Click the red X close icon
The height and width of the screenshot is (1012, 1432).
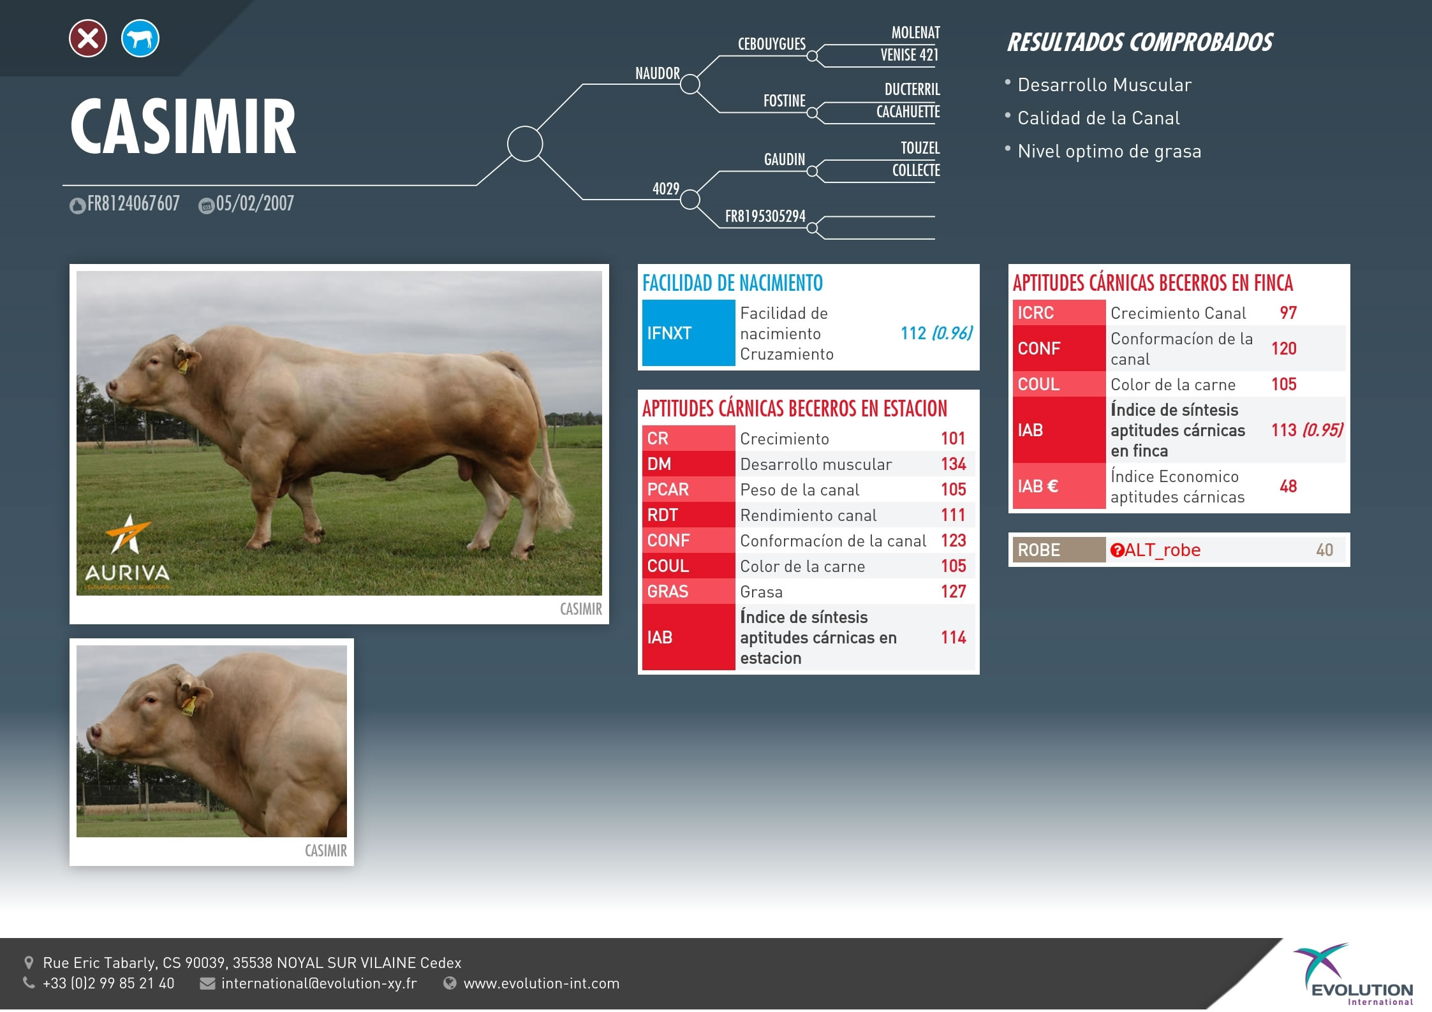(88, 38)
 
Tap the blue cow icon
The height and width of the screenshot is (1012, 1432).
(140, 38)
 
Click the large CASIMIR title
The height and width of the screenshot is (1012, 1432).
(183, 126)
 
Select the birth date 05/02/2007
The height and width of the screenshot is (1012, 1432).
(255, 203)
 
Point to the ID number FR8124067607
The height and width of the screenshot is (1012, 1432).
(133, 203)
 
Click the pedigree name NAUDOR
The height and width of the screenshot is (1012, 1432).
(658, 73)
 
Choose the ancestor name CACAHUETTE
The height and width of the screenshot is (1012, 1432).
(908, 112)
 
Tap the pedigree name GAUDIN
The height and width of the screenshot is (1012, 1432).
(785, 159)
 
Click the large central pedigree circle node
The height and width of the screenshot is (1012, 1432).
(524, 143)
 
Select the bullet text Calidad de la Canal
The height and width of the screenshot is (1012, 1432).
(1098, 118)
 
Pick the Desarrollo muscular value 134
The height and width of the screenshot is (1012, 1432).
(954, 464)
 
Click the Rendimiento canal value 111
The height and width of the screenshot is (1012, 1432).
(953, 515)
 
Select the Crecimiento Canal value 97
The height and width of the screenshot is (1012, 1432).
(1288, 313)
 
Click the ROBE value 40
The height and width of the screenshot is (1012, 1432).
(1324, 550)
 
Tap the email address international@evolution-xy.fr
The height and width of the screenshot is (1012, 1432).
(319, 983)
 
